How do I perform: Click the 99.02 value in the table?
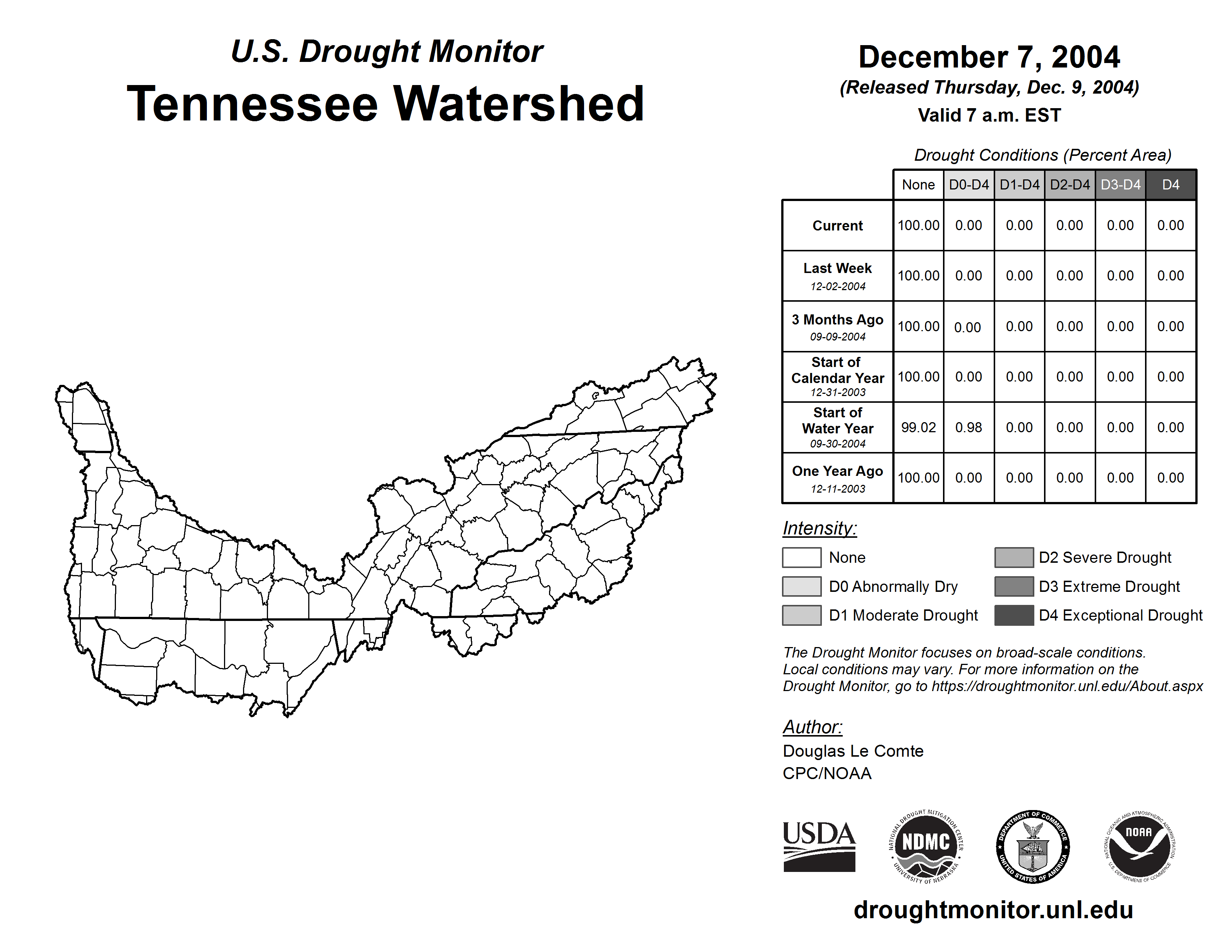point(918,428)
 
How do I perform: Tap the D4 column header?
point(1170,185)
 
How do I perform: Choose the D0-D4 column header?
point(969,185)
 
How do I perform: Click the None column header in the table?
point(918,185)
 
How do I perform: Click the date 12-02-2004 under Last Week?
point(838,286)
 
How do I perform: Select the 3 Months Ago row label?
point(838,320)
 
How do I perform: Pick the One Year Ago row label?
point(838,471)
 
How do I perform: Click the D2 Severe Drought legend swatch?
point(1014,557)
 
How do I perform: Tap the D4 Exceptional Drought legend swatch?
point(1014,615)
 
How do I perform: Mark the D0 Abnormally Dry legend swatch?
point(801,587)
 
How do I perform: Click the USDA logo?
point(819,846)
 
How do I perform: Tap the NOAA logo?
point(1139,846)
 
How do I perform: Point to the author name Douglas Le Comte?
point(853,751)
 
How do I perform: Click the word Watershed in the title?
point(518,104)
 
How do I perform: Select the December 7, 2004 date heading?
point(989,57)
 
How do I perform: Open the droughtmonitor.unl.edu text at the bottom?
point(993,910)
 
